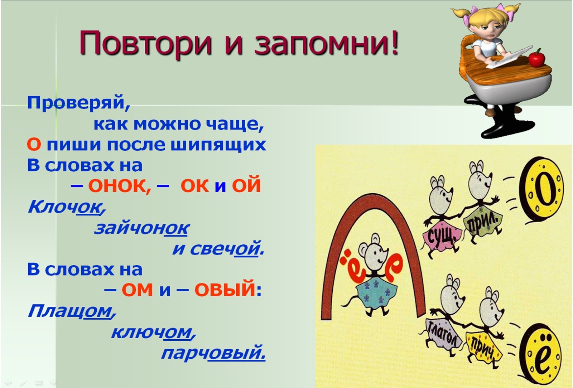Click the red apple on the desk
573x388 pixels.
coord(536,58)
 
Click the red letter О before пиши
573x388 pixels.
coord(34,145)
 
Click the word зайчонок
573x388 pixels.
coord(141,228)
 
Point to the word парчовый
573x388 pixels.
coord(213,353)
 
